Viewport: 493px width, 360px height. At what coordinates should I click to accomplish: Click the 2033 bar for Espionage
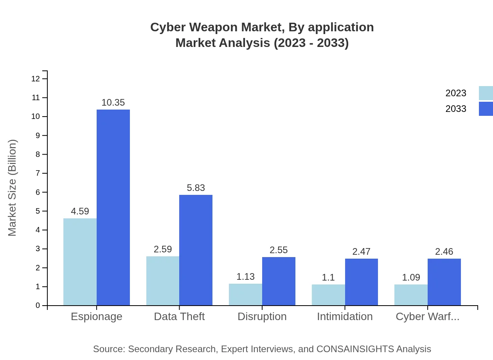click(113, 207)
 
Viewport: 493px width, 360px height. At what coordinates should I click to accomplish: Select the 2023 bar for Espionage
click(80, 262)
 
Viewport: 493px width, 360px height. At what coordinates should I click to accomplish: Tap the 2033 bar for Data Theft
click(196, 250)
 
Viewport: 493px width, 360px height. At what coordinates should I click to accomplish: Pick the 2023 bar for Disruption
click(245, 294)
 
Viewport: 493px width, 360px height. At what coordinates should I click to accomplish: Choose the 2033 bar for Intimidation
click(362, 282)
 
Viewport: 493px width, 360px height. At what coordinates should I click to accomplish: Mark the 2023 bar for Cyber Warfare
click(411, 295)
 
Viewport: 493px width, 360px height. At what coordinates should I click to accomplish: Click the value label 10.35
click(113, 103)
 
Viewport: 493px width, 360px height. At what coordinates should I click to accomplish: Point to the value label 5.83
click(196, 188)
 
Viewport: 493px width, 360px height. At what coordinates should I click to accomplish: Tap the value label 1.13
click(245, 277)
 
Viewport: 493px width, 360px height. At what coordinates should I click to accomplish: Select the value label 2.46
click(444, 252)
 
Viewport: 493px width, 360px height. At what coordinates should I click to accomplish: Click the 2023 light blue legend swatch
click(486, 93)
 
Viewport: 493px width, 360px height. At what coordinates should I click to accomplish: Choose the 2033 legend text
click(456, 109)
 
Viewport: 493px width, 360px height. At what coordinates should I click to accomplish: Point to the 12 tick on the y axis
click(36, 79)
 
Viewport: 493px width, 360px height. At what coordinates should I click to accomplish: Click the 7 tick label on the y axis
click(38, 173)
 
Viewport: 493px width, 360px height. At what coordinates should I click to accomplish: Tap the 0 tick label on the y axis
click(38, 306)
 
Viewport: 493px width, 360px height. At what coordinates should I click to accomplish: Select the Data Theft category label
click(179, 317)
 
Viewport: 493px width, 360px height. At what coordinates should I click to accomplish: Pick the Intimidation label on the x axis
click(345, 317)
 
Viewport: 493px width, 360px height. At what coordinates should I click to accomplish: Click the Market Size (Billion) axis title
click(13, 188)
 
